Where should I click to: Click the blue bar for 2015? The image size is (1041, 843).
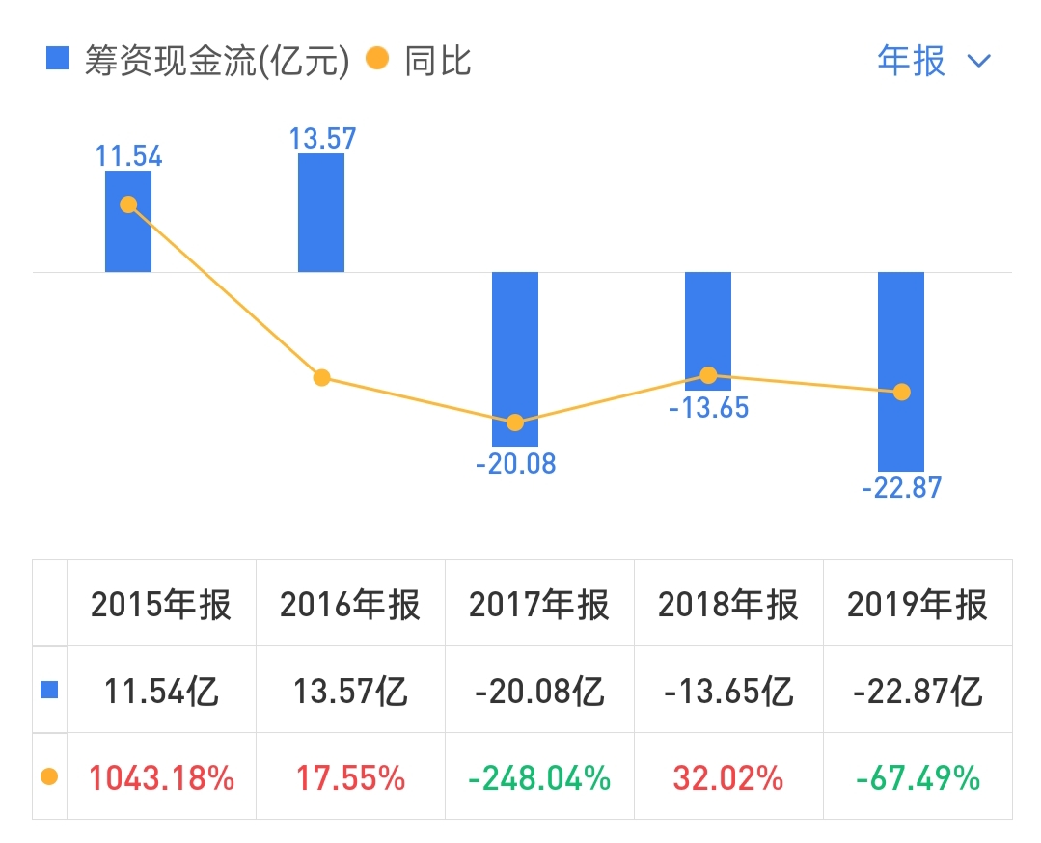128,222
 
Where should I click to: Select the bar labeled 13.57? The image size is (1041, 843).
321,212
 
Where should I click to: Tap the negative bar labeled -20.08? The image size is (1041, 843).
515,358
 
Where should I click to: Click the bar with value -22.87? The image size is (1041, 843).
901,371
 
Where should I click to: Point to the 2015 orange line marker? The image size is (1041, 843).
128,204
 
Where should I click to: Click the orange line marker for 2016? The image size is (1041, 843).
322,377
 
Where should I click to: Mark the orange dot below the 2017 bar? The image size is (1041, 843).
515,422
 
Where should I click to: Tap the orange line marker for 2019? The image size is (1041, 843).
902,393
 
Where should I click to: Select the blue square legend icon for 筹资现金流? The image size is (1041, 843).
58,60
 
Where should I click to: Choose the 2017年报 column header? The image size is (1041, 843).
539,606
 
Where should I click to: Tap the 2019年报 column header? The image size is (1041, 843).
918,606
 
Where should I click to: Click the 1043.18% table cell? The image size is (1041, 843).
161,777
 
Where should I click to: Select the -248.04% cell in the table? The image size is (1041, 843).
539,777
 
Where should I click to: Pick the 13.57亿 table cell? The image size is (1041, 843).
350,692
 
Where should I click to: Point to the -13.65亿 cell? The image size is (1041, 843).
728,692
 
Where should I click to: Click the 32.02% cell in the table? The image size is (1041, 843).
728,777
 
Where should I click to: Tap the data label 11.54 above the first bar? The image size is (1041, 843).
128,156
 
